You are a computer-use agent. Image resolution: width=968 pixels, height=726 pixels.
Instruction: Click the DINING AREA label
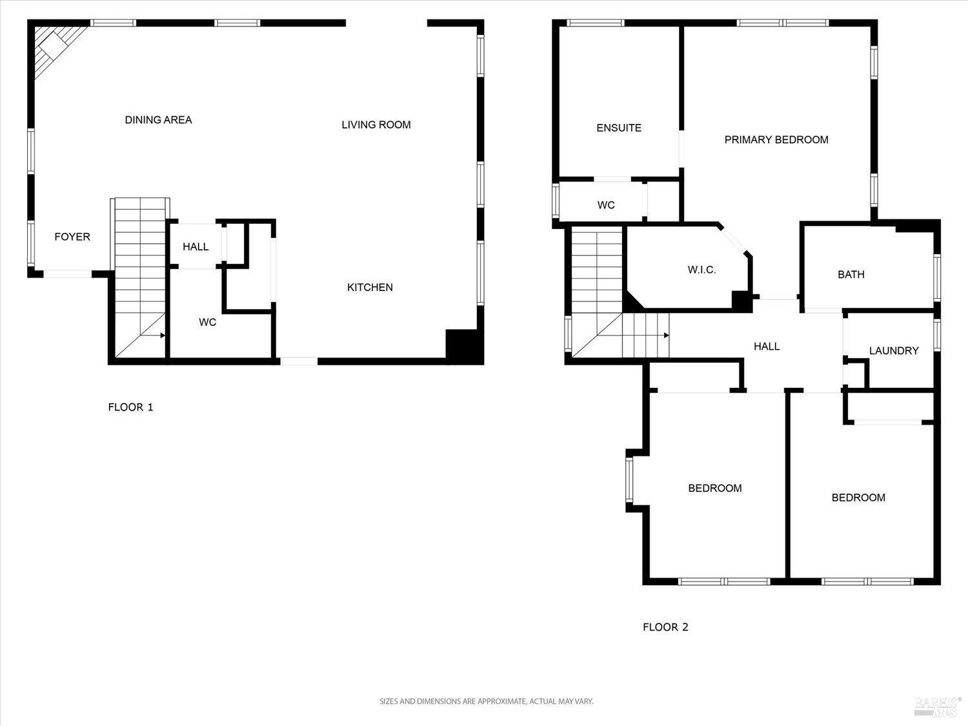[158, 120]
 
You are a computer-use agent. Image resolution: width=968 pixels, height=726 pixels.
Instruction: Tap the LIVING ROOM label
[376, 125]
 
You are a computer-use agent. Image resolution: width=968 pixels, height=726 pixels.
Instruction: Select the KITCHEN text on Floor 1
[370, 288]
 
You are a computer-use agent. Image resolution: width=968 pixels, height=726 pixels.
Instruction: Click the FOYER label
[72, 237]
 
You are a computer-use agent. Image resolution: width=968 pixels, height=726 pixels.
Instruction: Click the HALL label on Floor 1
[196, 247]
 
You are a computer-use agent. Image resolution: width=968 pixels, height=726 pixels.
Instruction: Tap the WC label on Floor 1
[207, 322]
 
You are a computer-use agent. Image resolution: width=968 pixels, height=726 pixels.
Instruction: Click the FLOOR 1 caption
[130, 407]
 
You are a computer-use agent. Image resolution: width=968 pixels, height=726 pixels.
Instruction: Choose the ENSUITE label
[619, 128]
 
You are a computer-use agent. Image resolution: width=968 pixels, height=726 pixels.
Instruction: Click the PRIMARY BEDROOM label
[776, 140]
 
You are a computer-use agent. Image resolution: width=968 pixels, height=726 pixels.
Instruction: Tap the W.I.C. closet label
[701, 270]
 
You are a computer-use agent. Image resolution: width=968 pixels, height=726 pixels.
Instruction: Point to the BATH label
[851, 275]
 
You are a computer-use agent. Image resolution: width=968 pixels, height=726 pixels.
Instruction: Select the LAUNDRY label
[894, 351]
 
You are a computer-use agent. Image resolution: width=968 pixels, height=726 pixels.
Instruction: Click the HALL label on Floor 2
[767, 347]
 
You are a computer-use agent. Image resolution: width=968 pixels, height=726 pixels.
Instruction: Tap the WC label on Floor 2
[606, 205]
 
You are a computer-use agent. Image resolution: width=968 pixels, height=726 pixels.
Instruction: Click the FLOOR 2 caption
[665, 627]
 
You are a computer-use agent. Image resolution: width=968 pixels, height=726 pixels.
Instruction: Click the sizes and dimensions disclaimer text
[486, 701]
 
